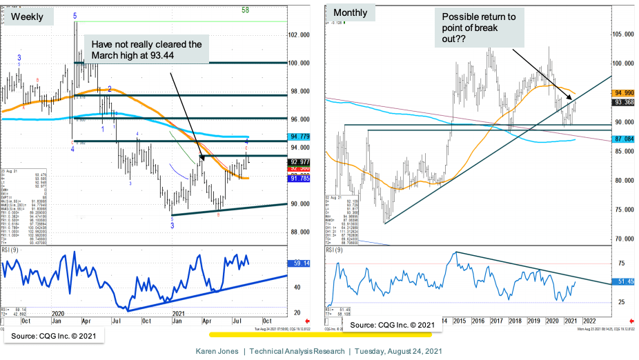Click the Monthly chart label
coord(351,13)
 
